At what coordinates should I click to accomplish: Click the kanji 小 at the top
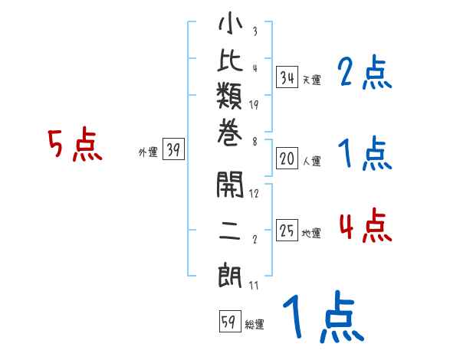point(230,23)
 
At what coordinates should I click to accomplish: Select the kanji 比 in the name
point(230,60)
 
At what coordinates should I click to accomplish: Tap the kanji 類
point(229,96)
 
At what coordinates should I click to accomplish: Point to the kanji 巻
point(230,133)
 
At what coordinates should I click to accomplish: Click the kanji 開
point(230,185)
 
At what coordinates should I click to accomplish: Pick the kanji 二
point(230,231)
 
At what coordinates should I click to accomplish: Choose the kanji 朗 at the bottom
point(230,275)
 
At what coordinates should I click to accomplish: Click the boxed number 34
point(287,77)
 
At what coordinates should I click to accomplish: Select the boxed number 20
point(287,159)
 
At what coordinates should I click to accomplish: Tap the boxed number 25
point(287,230)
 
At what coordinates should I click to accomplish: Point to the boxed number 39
point(173,149)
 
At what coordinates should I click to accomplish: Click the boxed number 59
point(230,321)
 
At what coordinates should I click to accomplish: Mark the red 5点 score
point(75,144)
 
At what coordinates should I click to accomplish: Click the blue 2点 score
point(364,72)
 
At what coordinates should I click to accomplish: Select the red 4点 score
point(366,225)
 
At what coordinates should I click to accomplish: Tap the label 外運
point(148,152)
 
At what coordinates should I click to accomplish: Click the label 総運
point(255,325)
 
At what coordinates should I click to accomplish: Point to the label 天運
point(311,80)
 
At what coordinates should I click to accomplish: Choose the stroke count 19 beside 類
point(254,105)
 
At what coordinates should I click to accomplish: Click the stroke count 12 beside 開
point(254,193)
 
